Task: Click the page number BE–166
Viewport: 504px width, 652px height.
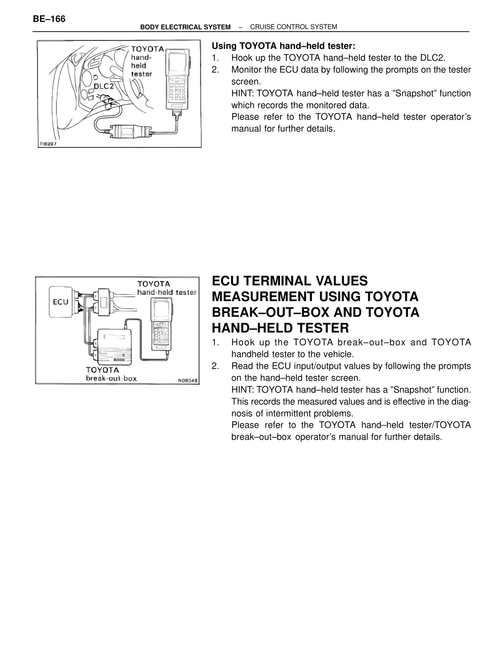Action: (x=49, y=19)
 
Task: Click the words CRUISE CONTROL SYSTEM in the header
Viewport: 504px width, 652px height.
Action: (x=293, y=27)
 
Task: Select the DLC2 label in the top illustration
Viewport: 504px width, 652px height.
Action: (x=103, y=87)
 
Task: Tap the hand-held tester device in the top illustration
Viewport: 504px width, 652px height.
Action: (x=178, y=79)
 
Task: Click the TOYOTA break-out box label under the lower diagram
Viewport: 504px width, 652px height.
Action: (x=111, y=374)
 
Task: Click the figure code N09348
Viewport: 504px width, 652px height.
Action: (x=187, y=380)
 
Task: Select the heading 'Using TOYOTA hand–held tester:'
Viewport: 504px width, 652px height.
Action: (x=283, y=46)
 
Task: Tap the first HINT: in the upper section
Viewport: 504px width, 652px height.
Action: (x=242, y=94)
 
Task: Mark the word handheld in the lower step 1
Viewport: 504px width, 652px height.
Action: (x=250, y=354)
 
